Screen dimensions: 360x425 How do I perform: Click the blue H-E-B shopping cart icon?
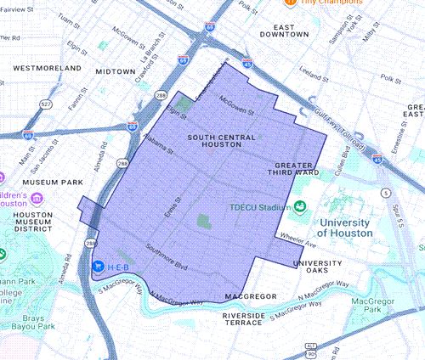pyautogui.click(x=99, y=266)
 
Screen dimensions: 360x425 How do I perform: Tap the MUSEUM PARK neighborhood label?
pyautogui.click(x=53, y=182)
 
